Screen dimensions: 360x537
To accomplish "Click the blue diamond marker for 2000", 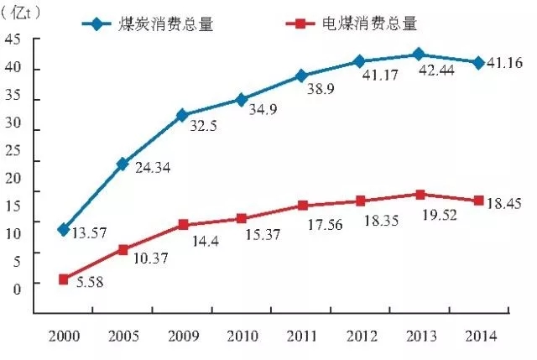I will click(63, 229).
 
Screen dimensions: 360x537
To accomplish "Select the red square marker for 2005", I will click(123, 249).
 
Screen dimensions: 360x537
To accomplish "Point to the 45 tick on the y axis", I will click(13, 39).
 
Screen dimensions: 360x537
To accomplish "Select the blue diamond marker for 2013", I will click(420, 55).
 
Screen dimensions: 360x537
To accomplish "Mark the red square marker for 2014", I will click(478, 201).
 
